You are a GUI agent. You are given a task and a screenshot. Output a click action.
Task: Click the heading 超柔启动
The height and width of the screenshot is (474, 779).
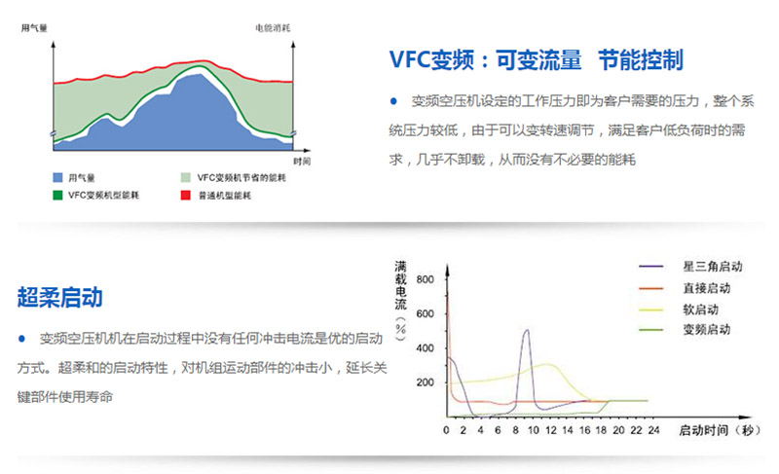click(x=60, y=297)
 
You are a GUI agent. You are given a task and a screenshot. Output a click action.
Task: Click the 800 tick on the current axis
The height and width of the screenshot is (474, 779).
click(x=426, y=279)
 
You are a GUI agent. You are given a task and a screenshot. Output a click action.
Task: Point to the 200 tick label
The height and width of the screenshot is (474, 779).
click(x=426, y=383)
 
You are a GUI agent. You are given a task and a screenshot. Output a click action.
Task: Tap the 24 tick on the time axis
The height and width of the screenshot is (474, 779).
click(x=653, y=430)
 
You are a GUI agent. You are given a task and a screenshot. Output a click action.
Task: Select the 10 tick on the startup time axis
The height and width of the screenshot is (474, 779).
click(x=534, y=430)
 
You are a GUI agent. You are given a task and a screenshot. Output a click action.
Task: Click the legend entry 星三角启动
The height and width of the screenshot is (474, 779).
click(x=713, y=267)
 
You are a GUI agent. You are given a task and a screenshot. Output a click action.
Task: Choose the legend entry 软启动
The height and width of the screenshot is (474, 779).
click(x=700, y=310)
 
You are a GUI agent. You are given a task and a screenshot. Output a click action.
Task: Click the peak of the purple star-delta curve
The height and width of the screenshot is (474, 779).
click(x=527, y=330)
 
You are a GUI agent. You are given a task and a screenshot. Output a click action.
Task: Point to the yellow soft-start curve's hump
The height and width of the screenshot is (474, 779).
click(x=547, y=365)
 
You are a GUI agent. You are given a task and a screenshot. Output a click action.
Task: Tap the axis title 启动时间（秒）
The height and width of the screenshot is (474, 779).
click(x=719, y=430)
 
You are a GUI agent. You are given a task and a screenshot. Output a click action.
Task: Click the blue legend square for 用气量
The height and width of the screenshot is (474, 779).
click(x=57, y=177)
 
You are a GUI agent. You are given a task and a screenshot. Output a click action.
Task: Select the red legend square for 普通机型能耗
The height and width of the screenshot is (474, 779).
click(x=186, y=195)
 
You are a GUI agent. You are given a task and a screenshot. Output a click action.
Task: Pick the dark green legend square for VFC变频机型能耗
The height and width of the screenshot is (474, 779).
click(x=57, y=195)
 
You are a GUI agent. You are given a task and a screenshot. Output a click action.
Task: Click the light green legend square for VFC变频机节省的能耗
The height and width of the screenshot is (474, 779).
click(x=186, y=177)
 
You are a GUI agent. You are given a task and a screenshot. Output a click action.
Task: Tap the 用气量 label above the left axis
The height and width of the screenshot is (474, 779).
click(x=34, y=28)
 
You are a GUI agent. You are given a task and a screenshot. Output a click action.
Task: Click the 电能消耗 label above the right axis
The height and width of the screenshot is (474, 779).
click(x=273, y=28)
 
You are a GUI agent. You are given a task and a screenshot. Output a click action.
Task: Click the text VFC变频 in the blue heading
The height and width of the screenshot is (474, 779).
click(x=431, y=60)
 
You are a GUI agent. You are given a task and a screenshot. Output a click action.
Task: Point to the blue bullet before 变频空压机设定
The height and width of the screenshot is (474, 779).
click(x=393, y=101)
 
